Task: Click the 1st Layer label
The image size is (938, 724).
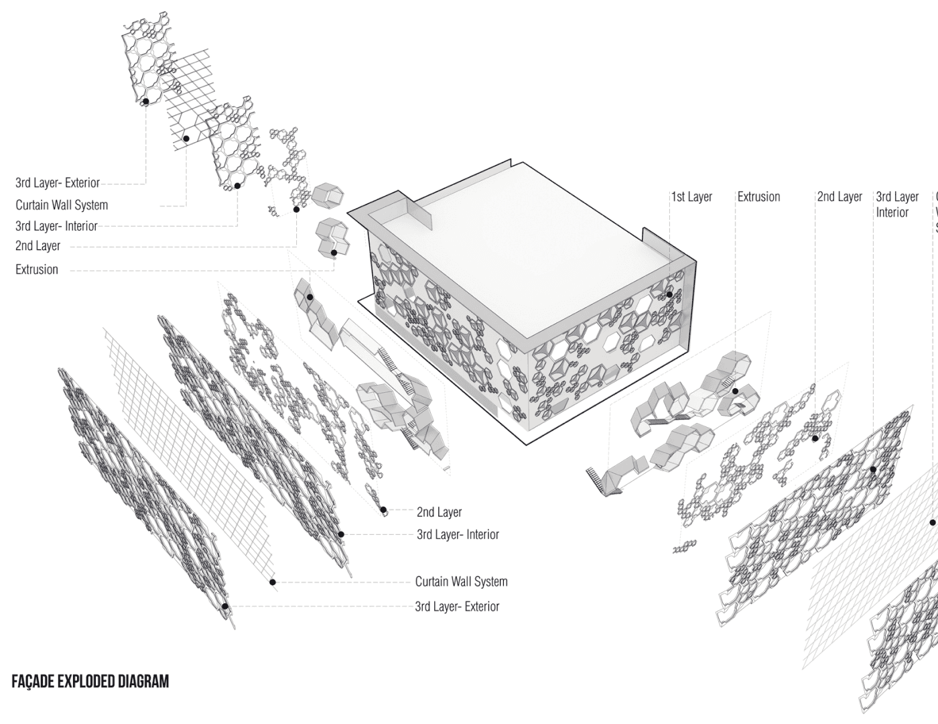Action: [x=692, y=197]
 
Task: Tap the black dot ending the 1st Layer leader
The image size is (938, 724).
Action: [x=669, y=294]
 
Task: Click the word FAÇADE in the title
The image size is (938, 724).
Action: [x=33, y=682]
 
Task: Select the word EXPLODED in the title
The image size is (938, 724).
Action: [x=86, y=682]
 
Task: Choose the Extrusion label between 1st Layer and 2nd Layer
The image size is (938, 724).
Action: [x=758, y=197]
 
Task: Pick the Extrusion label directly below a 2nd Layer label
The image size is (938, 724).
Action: [x=37, y=269]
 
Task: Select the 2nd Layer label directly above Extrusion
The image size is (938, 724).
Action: [x=38, y=246]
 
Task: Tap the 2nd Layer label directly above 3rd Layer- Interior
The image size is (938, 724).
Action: [x=439, y=512]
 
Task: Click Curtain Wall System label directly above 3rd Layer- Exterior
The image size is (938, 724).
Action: [x=461, y=581]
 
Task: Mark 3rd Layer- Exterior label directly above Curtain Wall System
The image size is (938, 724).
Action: [x=58, y=182]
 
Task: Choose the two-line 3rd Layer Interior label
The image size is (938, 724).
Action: [x=896, y=204]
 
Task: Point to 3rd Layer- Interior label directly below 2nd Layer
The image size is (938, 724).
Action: [x=458, y=535]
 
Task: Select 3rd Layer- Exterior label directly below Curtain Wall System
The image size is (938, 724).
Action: [x=457, y=607]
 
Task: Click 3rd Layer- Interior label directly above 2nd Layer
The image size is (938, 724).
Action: [x=56, y=226]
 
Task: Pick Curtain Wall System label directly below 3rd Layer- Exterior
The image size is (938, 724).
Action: [x=62, y=205]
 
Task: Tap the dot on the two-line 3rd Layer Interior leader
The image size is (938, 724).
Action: [x=873, y=470]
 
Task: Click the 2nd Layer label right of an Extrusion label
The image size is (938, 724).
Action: [x=839, y=197]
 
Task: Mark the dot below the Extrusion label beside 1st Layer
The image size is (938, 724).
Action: [x=735, y=391]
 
